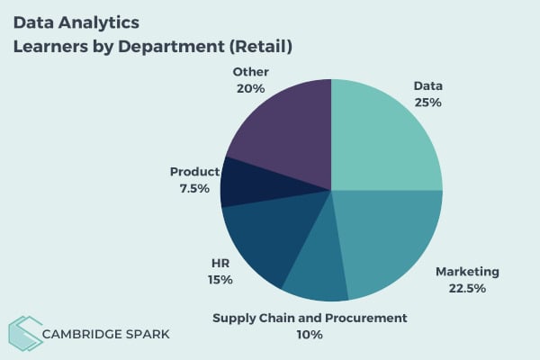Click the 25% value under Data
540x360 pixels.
pyautogui.click(x=427, y=103)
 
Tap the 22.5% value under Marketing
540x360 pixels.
pyautogui.click(x=466, y=288)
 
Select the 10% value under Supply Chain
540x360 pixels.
pyautogui.click(x=310, y=334)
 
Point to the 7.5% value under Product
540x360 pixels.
pyautogui.click(x=194, y=188)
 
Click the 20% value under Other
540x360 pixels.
pyautogui.click(x=249, y=88)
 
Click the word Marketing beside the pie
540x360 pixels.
pyautogui.click(x=466, y=271)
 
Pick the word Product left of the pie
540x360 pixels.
pyautogui.click(x=194, y=171)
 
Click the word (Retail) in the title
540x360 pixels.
pyautogui.click(x=257, y=45)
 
